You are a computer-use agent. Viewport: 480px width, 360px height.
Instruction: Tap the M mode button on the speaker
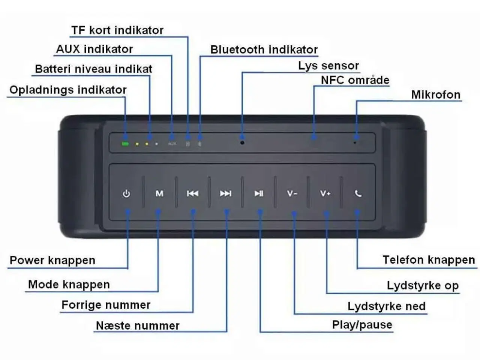pyautogui.click(x=159, y=193)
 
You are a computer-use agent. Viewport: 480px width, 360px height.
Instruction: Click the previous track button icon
pyautogui.click(x=192, y=193)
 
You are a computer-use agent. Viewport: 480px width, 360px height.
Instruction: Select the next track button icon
pyautogui.click(x=225, y=193)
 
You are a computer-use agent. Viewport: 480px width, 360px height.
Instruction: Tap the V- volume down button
pyautogui.click(x=292, y=193)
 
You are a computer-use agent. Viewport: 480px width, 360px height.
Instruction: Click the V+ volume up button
pyautogui.click(x=325, y=193)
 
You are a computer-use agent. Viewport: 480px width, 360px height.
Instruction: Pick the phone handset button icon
pyautogui.click(x=358, y=193)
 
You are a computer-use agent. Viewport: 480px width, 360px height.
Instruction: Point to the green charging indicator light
pyautogui.click(x=125, y=144)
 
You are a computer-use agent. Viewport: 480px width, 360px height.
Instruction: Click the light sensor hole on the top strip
pyautogui.click(x=242, y=142)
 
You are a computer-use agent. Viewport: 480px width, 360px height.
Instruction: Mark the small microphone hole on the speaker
pyautogui.click(x=355, y=142)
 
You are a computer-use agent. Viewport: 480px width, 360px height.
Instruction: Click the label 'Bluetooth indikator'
pyautogui.click(x=264, y=50)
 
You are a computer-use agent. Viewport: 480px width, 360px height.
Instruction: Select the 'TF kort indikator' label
pyautogui.click(x=117, y=30)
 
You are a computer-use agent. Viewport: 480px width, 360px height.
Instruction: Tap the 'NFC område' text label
pyautogui.click(x=355, y=80)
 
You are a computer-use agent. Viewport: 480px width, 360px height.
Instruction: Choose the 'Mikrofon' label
pyautogui.click(x=436, y=95)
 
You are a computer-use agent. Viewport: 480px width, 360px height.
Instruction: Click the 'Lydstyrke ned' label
pyautogui.click(x=386, y=306)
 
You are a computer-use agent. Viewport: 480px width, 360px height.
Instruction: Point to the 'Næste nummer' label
pyautogui.click(x=138, y=325)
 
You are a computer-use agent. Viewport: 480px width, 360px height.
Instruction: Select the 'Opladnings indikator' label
pyautogui.click(x=68, y=90)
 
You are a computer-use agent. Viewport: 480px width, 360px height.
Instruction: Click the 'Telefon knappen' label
pyautogui.click(x=429, y=260)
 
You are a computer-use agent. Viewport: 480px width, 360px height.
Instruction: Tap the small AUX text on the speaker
pyautogui.click(x=172, y=144)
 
